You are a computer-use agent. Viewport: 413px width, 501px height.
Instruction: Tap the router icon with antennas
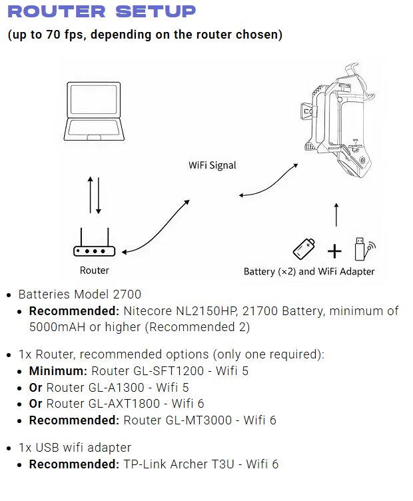(94, 245)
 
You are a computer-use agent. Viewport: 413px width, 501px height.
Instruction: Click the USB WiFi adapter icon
(363, 248)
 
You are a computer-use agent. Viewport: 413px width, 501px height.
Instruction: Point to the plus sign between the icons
(334, 250)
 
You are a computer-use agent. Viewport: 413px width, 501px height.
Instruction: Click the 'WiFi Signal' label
(212, 165)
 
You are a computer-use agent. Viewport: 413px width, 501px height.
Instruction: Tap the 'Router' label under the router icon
(94, 270)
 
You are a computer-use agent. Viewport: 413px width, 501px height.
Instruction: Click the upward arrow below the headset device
(336, 215)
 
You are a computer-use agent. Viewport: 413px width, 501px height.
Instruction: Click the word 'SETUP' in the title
(155, 11)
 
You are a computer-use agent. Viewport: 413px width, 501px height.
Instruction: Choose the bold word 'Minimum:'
(58, 370)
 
